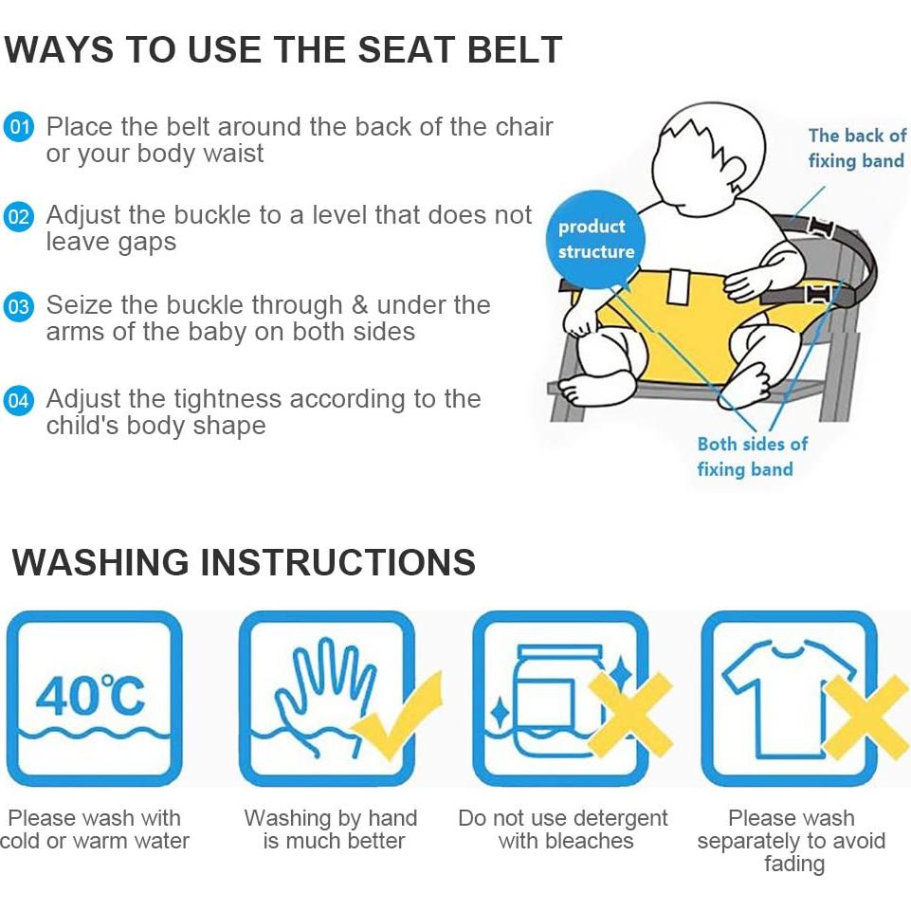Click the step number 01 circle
click(19, 127)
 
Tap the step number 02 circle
click(19, 217)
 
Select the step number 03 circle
click(19, 306)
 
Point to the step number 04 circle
click(19, 400)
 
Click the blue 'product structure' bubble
click(595, 240)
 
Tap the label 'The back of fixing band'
click(856, 148)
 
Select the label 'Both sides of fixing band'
click(752, 457)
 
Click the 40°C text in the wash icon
click(90, 695)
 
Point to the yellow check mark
click(398, 717)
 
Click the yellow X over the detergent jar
click(630, 716)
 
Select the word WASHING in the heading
click(100, 562)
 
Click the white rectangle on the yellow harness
click(679, 286)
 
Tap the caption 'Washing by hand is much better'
click(331, 829)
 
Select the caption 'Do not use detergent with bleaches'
click(563, 829)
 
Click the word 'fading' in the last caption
click(794, 864)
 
